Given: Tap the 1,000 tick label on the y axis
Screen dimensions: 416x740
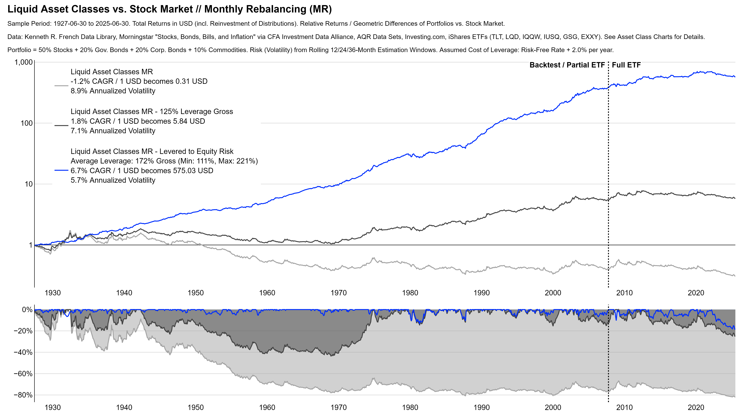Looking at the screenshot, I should tap(24, 62).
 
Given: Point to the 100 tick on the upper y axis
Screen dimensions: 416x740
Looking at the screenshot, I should tap(27, 123).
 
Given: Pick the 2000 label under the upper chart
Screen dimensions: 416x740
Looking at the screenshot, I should tap(553, 293).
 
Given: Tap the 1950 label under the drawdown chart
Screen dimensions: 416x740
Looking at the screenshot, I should tap(196, 407).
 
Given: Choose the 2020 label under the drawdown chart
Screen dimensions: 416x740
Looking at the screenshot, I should tap(696, 407).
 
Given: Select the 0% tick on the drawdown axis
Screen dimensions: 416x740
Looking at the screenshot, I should tap(27, 310).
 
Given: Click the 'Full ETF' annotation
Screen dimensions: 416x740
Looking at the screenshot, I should tap(626, 65).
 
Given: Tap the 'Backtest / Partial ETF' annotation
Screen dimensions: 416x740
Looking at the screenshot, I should tap(567, 65).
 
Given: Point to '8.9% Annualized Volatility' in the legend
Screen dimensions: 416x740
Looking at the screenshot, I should tap(113, 91).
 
